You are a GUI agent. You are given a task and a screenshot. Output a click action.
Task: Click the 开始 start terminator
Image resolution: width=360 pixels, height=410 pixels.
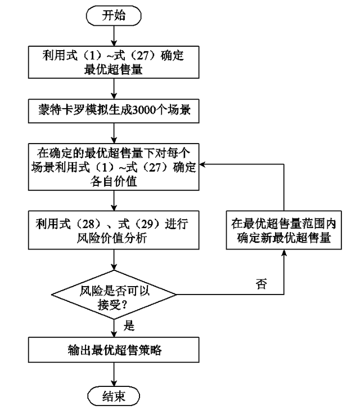pyautogui.click(x=114, y=15)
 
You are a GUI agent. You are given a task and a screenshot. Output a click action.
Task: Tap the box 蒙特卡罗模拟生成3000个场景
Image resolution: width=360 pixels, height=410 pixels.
pyautogui.click(x=114, y=109)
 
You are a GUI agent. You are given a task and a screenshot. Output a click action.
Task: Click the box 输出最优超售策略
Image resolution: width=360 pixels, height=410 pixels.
pyautogui.click(x=114, y=350)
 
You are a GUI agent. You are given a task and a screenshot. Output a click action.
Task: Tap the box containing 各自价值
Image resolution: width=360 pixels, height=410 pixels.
pyautogui.click(x=114, y=167)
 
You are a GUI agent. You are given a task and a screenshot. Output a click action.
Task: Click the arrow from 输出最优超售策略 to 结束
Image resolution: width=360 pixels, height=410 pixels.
pyautogui.click(x=114, y=373)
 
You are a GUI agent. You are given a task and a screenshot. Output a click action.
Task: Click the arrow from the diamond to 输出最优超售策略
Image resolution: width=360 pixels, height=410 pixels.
pyautogui.click(x=114, y=327)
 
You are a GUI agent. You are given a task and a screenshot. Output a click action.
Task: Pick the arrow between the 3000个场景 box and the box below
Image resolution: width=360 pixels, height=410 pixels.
pyautogui.click(x=114, y=132)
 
